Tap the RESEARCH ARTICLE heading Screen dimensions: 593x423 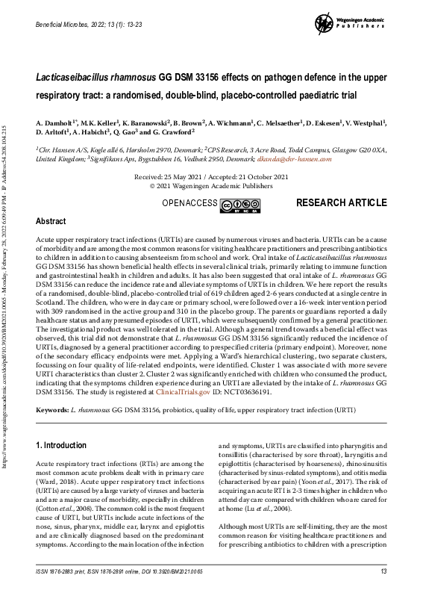coord(341,202)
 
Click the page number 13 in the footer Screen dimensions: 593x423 coord(383,572)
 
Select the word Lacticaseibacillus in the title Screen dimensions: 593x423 coord(81,77)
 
